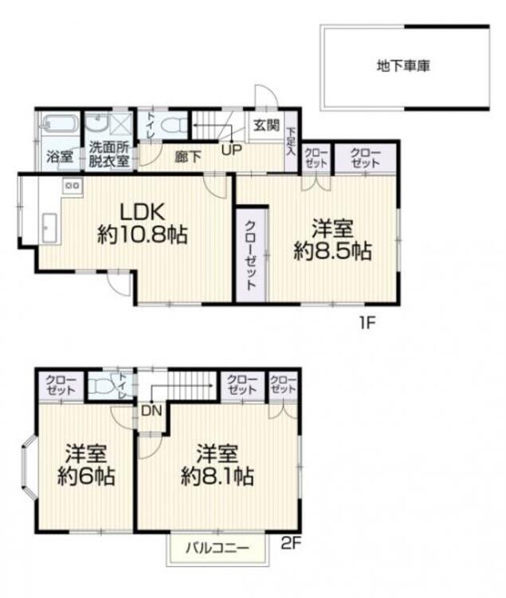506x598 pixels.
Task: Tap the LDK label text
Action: click(x=142, y=212)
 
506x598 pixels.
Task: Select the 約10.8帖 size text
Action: click(x=142, y=236)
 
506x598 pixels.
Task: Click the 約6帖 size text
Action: click(x=86, y=477)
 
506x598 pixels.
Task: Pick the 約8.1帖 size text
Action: click(x=217, y=477)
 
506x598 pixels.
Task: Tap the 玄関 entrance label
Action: click(x=266, y=125)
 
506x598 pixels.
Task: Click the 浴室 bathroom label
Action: click(x=58, y=156)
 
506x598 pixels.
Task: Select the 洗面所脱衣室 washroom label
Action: click(x=108, y=152)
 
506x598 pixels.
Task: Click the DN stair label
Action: click(x=151, y=411)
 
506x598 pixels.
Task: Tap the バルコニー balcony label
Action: click(x=218, y=549)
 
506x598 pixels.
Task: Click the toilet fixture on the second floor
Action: click(x=101, y=387)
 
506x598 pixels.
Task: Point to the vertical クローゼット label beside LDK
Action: click(x=250, y=254)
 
